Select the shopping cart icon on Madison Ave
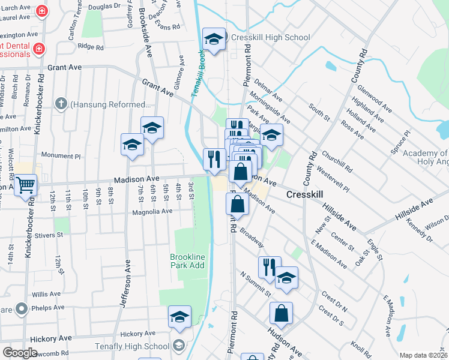point(25,185)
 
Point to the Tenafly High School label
point(131,346)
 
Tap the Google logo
point(20,353)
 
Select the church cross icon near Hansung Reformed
point(60,104)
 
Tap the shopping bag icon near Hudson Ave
point(281,313)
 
